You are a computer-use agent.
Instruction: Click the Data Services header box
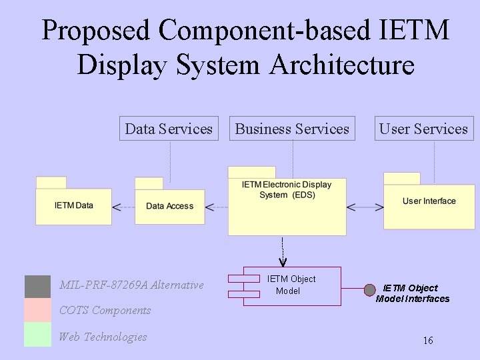169,129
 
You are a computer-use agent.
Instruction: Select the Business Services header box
292,129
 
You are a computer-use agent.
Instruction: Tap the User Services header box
423,129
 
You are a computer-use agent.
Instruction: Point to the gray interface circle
369,290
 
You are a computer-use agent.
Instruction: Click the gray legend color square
37,286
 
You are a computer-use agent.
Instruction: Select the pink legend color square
37,310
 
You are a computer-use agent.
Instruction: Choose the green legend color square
37,335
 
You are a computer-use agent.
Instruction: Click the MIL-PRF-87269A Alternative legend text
131,285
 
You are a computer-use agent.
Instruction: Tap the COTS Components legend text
105,310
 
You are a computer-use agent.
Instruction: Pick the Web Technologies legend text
103,337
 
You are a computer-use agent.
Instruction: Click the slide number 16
428,341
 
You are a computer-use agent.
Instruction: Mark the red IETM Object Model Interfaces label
413,293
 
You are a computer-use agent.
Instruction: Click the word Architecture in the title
342,65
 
